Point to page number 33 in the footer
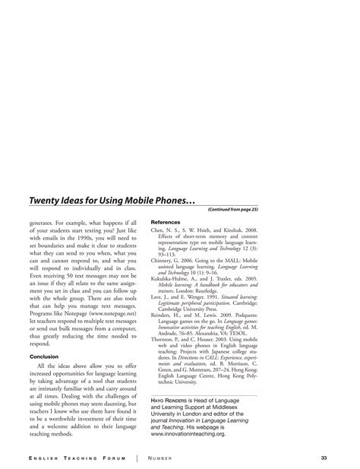click(x=324, y=458)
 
